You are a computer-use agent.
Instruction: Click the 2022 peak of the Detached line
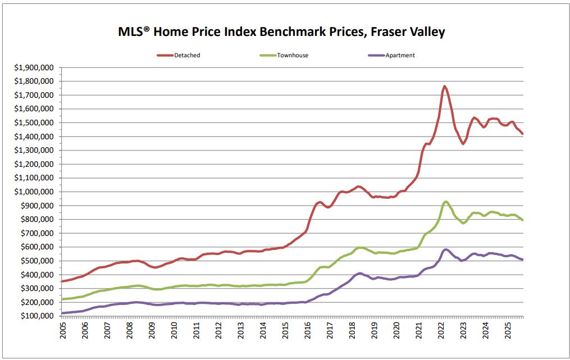click(444, 86)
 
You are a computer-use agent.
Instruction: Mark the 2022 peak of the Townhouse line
click(445, 202)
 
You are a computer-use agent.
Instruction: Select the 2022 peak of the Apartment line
click(446, 249)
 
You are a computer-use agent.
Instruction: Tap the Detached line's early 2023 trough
click(463, 144)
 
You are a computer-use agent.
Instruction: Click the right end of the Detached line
click(522, 134)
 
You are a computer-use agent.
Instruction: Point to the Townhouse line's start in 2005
click(62, 299)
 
